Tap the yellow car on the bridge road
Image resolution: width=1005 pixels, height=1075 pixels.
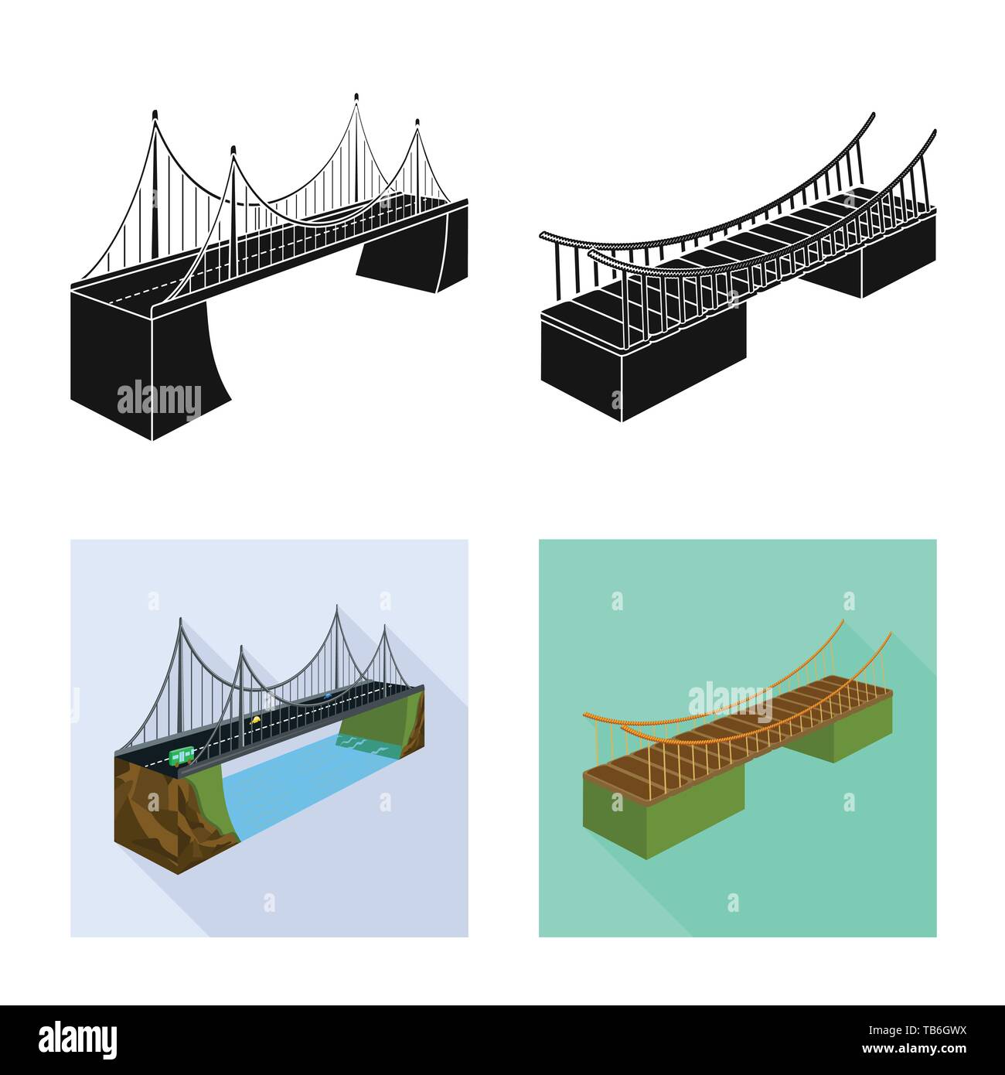click(254, 720)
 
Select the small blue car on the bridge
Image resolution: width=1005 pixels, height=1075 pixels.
click(329, 696)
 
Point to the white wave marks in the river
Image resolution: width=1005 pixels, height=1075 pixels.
click(356, 744)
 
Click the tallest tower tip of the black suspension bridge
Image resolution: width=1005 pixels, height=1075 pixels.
click(356, 97)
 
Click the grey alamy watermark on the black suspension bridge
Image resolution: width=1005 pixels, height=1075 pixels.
click(158, 400)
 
